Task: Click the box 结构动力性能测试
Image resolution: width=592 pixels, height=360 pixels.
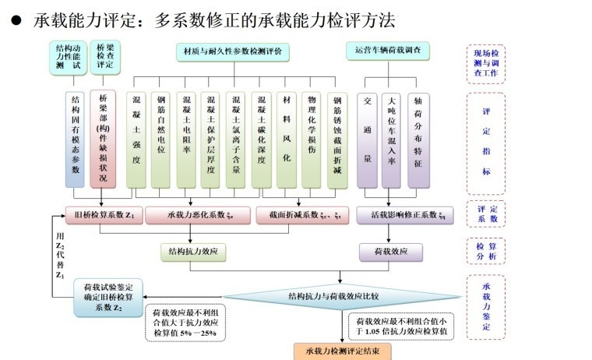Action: click(x=66, y=58)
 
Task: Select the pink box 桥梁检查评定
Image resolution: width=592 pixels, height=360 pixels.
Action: click(x=104, y=58)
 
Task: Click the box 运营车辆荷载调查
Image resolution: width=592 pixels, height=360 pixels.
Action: click(x=387, y=51)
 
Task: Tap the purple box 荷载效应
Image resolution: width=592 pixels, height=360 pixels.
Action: click(x=390, y=252)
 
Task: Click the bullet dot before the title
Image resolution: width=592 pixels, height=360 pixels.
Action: click(x=15, y=19)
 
